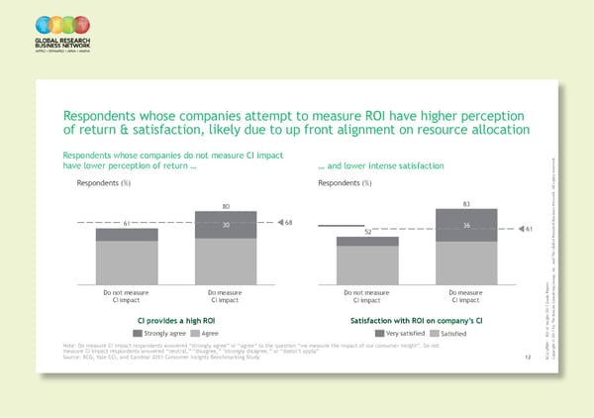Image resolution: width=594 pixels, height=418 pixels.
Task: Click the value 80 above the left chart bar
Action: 226,206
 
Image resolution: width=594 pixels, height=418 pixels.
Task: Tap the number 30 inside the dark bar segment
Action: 226,225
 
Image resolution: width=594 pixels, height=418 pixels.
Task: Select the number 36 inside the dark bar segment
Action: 466,224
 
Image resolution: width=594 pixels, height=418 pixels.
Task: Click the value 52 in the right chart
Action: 367,232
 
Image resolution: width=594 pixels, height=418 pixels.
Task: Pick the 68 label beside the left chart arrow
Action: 288,221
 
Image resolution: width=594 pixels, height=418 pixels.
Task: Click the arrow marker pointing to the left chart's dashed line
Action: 276,221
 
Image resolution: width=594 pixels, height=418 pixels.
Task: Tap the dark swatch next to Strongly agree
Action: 149,333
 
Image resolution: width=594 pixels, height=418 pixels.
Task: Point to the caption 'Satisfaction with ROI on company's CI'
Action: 416,320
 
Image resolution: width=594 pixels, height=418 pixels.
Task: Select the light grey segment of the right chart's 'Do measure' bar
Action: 466,261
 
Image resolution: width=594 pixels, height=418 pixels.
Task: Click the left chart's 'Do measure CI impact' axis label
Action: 226,296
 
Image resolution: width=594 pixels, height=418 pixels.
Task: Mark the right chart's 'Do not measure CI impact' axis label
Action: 367,296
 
